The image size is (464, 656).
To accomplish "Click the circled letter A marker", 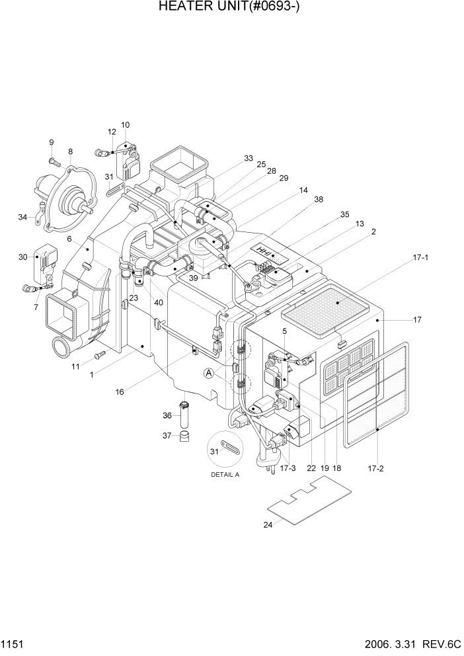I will pos(210,374).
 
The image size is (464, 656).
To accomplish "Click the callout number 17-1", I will pos(420,257).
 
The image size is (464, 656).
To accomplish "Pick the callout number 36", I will pos(167,415).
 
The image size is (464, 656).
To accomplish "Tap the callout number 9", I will pos(50,142).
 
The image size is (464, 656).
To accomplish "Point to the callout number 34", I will pos(22,217).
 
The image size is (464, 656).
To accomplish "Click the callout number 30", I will pos(22,257).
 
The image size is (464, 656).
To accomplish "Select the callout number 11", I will pos(77,366).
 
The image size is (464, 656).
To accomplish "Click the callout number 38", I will pos(319,199).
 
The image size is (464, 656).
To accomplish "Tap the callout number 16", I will pos(120,392).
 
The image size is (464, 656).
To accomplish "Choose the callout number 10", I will pos(126,125).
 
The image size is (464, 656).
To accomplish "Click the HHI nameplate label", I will pos(264,251).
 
